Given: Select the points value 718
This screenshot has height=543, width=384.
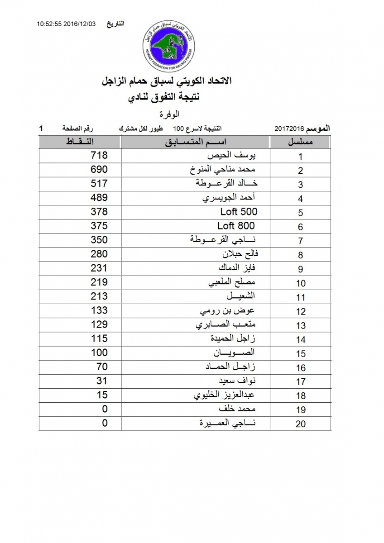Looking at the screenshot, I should tap(99, 156).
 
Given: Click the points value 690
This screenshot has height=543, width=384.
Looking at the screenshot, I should tap(99, 170).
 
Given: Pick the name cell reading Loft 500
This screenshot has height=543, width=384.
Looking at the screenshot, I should tap(239, 212).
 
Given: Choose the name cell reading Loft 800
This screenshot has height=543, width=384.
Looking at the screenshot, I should tap(236, 226).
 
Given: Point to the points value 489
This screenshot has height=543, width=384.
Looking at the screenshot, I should tap(99, 198).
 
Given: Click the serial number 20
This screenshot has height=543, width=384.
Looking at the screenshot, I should tap(300, 424).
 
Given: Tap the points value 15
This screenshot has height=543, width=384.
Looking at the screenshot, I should tap(102, 395).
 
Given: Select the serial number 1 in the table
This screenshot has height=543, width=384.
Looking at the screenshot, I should tap(300, 157).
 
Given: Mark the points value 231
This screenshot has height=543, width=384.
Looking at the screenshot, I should tap(99, 268).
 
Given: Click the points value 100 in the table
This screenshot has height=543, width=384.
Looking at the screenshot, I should tap(99, 352).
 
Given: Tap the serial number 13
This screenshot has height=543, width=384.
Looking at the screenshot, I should tap(300, 326).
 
